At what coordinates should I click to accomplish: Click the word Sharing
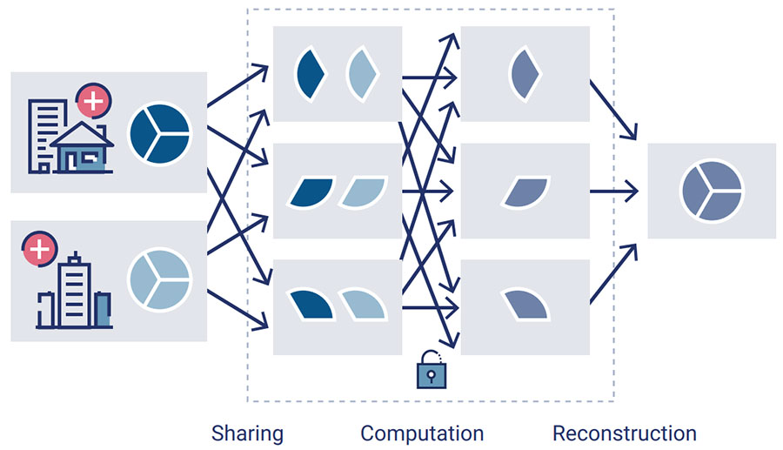point(247,433)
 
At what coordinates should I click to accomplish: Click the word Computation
point(422,433)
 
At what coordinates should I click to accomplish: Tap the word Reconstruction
point(625,433)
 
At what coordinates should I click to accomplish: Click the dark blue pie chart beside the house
point(159,133)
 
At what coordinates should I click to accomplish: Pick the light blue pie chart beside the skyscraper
point(159,280)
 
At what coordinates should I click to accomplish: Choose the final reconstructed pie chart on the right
point(711,190)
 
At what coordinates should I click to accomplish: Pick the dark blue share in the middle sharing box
point(311,192)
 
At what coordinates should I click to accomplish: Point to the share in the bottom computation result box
point(524,304)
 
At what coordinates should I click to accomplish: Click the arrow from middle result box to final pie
point(617,190)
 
